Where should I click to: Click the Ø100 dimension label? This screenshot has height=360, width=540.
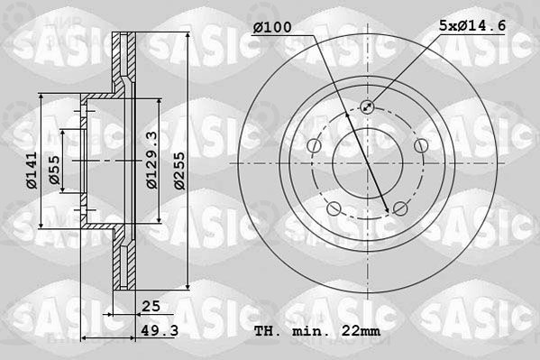[x=272, y=27]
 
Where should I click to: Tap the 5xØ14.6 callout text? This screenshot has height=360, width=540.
[x=472, y=25]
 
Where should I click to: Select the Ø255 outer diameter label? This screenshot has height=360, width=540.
[x=179, y=171]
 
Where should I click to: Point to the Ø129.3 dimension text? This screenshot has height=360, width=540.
[x=151, y=160]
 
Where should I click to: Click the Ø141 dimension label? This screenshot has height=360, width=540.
[x=32, y=171]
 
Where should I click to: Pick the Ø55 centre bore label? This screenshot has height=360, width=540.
[x=54, y=170]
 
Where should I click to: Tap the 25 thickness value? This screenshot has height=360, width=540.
[x=151, y=306]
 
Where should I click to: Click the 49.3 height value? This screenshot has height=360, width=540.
[x=160, y=331]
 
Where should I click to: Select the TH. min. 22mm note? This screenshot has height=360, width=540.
[x=317, y=331]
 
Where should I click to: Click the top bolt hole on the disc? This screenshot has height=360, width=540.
[x=367, y=106]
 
